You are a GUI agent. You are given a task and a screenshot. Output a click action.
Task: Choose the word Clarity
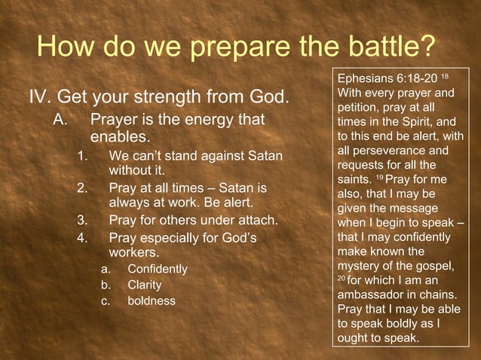point(145,285)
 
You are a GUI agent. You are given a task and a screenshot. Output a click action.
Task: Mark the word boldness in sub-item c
point(152,301)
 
